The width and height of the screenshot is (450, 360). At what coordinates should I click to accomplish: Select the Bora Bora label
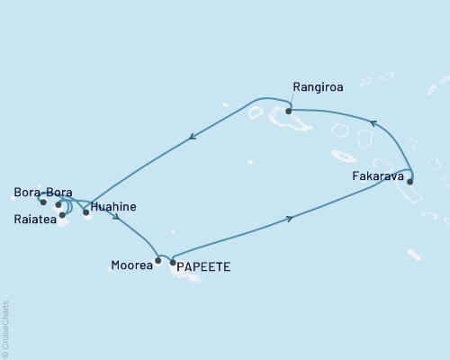(x=43, y=193)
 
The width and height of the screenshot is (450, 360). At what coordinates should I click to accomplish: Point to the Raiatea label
(x=34, y=218)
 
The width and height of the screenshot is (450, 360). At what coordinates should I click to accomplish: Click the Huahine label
(x=114, y=207)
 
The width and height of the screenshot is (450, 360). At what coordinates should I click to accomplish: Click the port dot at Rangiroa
(x=289, y=112)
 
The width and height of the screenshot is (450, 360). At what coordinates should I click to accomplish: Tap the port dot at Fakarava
(x=410, y=182)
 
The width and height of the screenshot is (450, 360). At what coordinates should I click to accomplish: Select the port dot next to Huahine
(x=86, y=212)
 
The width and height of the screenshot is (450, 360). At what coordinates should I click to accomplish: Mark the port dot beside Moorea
(x=158, y=261)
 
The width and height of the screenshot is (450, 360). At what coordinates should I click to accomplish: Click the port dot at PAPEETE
(x=173, y=262)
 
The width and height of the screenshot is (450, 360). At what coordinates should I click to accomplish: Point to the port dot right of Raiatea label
(x=62, y=215)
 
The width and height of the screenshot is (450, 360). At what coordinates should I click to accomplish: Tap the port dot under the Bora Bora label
(x=42, y=202)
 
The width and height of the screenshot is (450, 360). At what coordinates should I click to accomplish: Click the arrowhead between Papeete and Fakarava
(x=289, y=218)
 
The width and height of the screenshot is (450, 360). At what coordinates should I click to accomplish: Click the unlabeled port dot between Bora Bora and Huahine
(x=58, y=205)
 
